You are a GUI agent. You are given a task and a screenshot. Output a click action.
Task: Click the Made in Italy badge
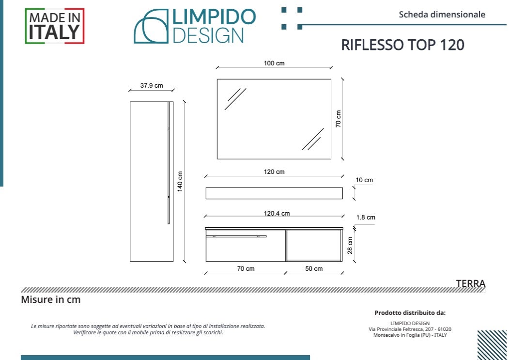pos(55,26)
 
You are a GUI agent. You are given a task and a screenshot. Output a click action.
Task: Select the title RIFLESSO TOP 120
pos(402,45)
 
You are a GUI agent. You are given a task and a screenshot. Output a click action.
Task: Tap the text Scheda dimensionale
pos(442,15)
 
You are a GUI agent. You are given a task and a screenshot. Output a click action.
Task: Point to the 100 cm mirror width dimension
pos(274,63)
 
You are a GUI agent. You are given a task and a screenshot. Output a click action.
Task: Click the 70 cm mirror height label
pos(339,119)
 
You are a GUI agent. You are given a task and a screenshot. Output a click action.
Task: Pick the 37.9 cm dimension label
pos(152,86)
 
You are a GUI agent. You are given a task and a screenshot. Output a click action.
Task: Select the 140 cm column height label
pos(180,182)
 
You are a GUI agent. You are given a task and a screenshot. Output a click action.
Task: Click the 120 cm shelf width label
pos(274,172)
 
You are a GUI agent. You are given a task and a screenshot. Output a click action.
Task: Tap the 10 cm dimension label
pos(364,180)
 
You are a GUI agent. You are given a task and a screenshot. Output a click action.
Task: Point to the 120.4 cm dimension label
pos(277,214)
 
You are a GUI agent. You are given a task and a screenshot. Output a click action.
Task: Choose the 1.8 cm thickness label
pos(365,218)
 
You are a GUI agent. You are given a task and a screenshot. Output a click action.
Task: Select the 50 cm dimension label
pos(314,269)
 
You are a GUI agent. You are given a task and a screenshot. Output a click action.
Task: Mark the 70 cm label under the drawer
pos(246,269)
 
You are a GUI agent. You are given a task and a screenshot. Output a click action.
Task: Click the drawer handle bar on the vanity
pos(236,236)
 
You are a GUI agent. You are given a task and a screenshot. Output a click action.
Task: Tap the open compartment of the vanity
pos(313,246)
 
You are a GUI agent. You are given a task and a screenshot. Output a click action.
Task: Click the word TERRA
pos(470,283)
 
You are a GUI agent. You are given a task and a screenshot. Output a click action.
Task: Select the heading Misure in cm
pos(51,299)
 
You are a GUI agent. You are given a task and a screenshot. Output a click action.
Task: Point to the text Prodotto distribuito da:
pos(410,313)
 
